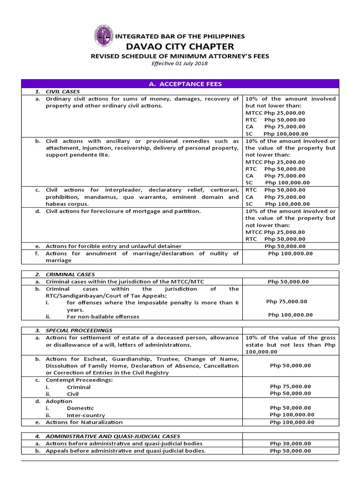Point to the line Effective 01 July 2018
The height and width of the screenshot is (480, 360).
[x=180, y=64]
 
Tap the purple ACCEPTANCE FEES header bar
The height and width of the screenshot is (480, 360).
[x=180, y=84]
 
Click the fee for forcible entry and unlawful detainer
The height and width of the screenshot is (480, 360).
[x=285, y=246]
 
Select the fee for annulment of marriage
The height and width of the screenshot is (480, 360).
[x=290, y=254]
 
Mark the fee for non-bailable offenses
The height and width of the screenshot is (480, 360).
[x=290, y=315]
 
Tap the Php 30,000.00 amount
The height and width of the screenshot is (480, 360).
[x=290, y=443]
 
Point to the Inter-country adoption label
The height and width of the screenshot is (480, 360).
[x=86, y=415]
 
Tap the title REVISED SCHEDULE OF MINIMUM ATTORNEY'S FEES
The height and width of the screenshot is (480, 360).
[x=180, y=56]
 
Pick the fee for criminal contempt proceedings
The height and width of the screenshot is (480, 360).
[x=290, y=387]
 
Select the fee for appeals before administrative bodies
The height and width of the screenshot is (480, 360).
[x=290, y=451]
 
